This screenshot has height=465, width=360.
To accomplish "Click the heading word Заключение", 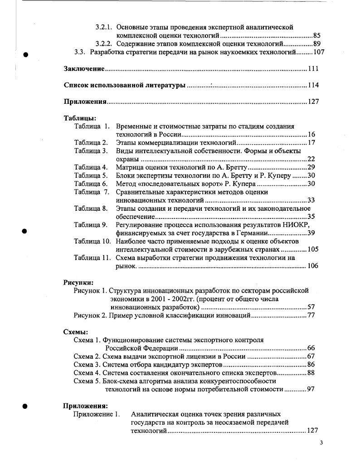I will tap(84, 69).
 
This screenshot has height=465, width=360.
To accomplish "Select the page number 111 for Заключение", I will tap(313, 69).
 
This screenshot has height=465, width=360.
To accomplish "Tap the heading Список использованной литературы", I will tap(124, 85).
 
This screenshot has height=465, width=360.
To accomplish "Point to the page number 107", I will tap(319, 52).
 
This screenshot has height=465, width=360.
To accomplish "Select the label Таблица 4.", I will tap(91, 167).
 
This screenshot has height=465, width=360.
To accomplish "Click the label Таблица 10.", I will tap(92, 241).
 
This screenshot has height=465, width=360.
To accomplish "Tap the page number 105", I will tap(313, 249).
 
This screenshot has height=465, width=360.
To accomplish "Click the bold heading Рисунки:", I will tap(78, 282).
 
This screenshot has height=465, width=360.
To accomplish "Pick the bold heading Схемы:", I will tap(75, 332).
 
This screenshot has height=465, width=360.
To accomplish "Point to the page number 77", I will tap(311, 315).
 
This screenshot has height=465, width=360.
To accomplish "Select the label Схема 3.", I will tap(87, 364).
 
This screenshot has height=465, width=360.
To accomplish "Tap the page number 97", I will tap(311, 388).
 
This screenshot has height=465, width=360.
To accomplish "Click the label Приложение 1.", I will tap(97, 414).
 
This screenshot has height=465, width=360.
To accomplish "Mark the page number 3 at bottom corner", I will tap(321, 443).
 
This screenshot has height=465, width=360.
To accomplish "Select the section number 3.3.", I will tap(80, 52).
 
